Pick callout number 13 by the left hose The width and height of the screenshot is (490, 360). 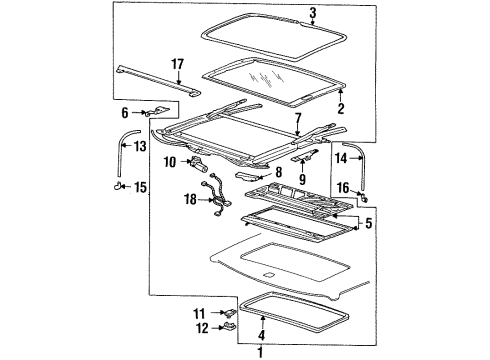pos(139,147)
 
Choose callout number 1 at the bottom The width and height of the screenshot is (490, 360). pos(262,351)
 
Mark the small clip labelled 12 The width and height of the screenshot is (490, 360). pos(230,323)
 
